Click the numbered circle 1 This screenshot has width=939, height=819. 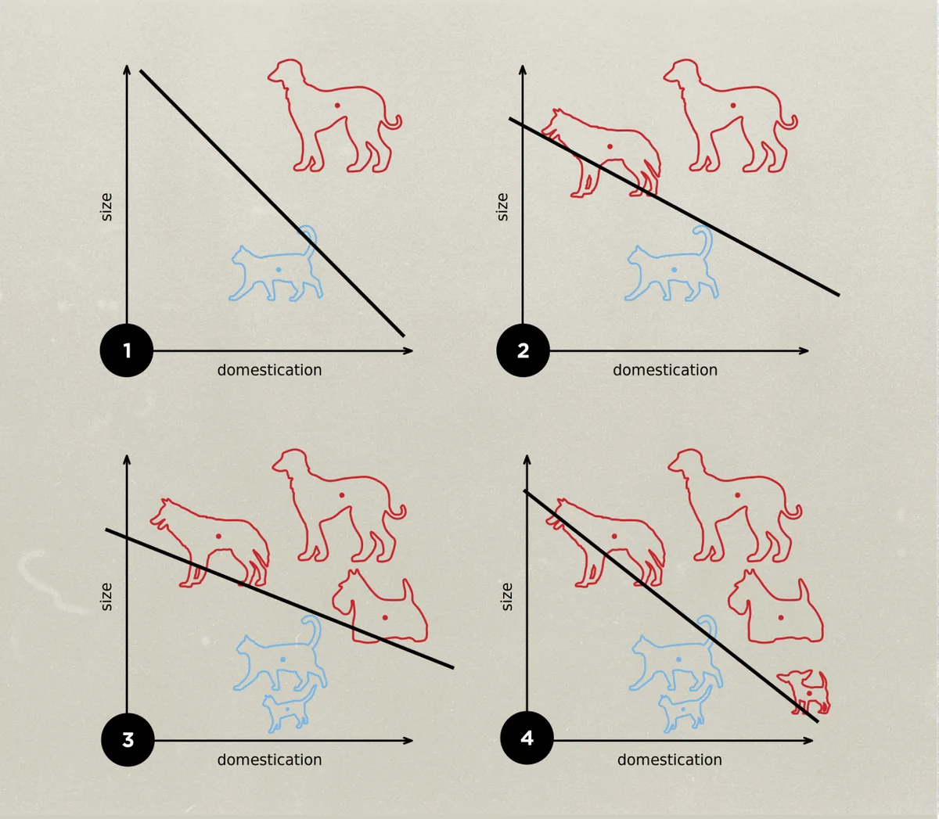click(127, 350)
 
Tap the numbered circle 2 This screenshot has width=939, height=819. click(523, 350)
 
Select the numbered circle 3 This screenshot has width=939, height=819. click(128, 740)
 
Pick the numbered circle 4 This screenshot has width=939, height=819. click(527, 738)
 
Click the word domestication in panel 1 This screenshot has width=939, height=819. click(269, 370)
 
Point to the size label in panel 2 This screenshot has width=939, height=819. click(503, 207)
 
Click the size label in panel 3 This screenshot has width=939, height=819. click(106, 597)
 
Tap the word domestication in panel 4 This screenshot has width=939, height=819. click(670, 760)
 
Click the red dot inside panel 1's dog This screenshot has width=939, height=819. click(337, 106)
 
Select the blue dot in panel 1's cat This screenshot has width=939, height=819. click(279, 270)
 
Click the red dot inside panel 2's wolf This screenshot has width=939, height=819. click(610, 147)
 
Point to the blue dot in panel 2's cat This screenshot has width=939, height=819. click(675, 270)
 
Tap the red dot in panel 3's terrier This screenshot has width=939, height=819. click(385, 618)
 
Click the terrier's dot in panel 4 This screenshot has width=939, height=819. click(781, 618)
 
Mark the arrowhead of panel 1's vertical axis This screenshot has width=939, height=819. click(127, 69)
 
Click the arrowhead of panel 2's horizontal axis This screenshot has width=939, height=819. click(804, 351)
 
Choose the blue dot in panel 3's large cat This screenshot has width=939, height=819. click(282, 659)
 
